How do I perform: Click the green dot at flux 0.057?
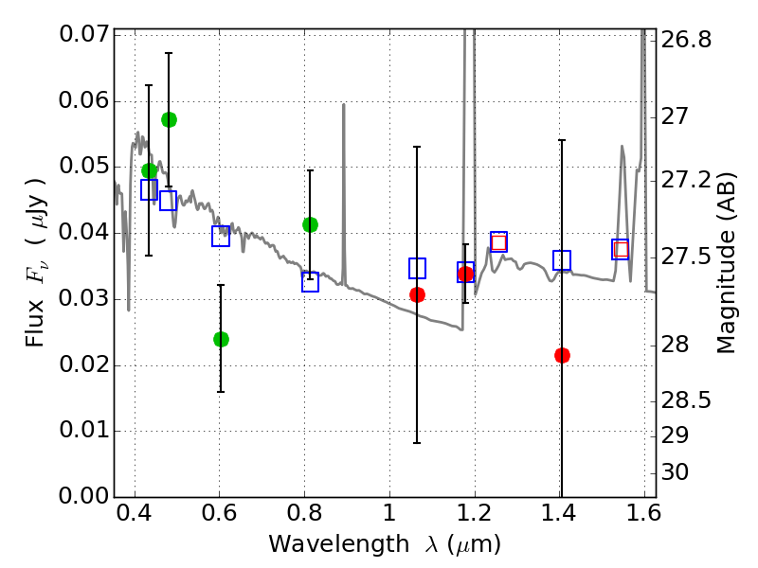[x=169, y=120]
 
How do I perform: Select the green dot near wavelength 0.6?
[x=221, y=339]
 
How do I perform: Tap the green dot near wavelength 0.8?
[x=311, y=224]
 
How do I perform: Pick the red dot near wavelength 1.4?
[x=562, y=356]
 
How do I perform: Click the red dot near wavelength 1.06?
[x=417, y=294]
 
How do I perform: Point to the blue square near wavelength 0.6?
[x=221, y=236]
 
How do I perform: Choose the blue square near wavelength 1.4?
[x=562, y=260]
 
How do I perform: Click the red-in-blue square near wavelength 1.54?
[x=621, y=249]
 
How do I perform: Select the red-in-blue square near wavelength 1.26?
[x=499, y=241]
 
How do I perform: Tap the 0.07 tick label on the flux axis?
[x=84, y=34]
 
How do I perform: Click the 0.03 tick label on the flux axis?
[x=84, y=298]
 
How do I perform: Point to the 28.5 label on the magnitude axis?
[x=686, y=400]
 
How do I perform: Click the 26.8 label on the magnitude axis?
[x=686, y=40]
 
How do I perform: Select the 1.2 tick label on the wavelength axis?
[x=475, y=513]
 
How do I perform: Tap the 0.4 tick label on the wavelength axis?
[x=135, y=513]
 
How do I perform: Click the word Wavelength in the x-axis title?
[x=339, y=544]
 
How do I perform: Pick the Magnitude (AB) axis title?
[x=726, y=263]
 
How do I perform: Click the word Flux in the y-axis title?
[x=34, y=324]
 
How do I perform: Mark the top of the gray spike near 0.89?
[x=344, y=103]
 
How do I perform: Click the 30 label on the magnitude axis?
[x=675, y=471]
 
